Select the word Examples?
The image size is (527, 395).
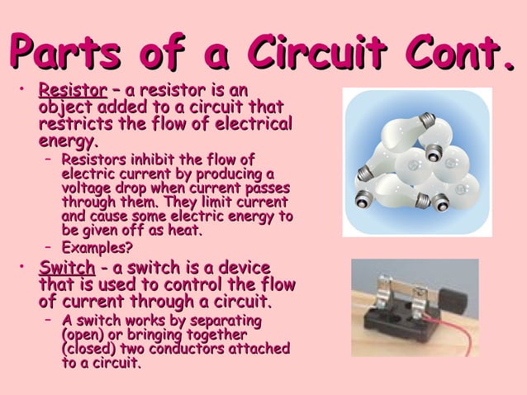(x=97, y=248)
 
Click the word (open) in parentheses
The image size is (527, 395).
(x=83, y=335)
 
